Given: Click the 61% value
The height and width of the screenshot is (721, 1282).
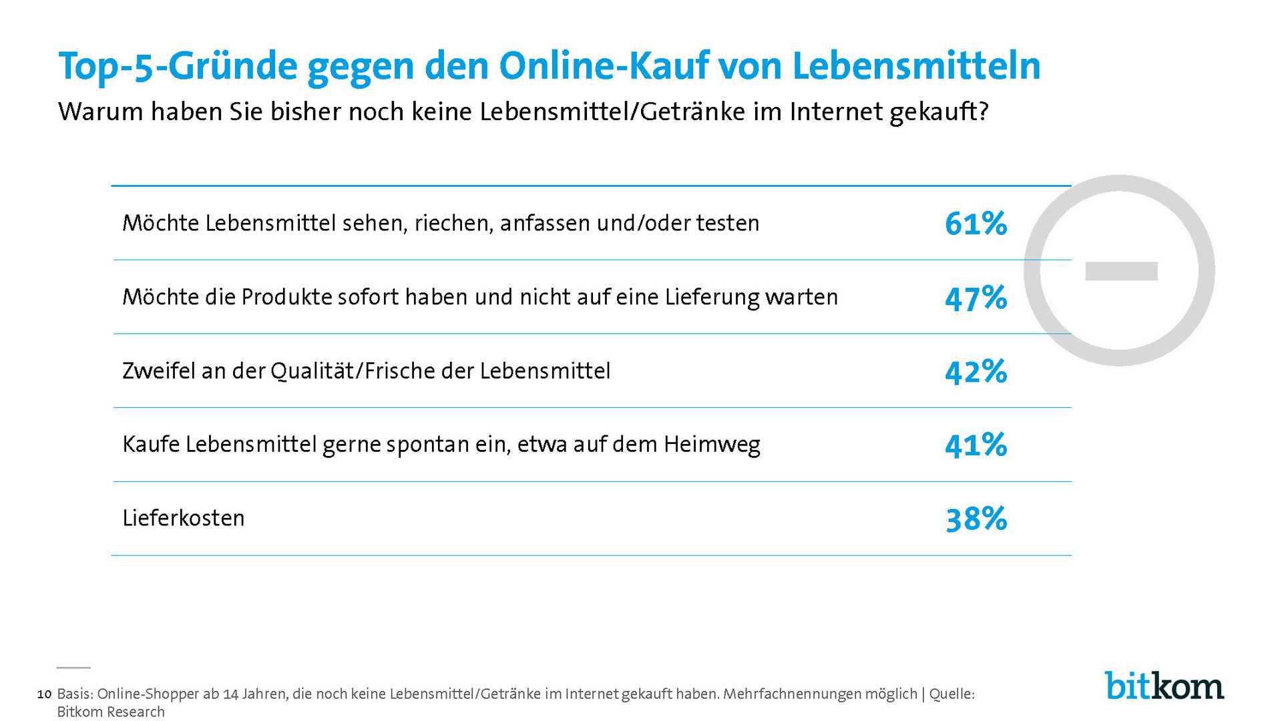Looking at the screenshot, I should tap(976, 224).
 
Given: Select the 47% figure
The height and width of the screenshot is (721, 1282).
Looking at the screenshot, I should tap(976, 298).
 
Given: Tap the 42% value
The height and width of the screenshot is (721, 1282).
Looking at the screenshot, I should tap(976, 372).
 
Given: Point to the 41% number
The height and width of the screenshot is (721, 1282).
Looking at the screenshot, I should tap(976, 445).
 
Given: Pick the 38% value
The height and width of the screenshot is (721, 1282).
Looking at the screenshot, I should tap(976, 519).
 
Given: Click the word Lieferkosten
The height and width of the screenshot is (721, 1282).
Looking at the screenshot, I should tap(184, 518).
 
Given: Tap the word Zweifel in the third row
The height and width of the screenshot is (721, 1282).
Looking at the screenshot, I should tap(158, 371).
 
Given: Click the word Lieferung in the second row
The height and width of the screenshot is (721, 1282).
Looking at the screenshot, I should tap(712, 297).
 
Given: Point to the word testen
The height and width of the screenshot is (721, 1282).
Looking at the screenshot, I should tap(728, 223).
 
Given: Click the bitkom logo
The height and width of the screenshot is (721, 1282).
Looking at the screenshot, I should tap(1164, 686).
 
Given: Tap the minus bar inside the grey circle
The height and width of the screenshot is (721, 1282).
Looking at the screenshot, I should tap(1121, 271).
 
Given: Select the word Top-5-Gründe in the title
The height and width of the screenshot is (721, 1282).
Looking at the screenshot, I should tap(178, 66).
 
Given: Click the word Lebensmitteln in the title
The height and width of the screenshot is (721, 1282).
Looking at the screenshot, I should tap(916, 66).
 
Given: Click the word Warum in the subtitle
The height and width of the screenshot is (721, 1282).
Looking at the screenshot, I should tap(100, 111).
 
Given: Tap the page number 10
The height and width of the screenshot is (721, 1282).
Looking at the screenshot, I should tap(44, 694).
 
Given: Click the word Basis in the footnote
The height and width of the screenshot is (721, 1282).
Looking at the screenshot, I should tap(74, 694).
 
